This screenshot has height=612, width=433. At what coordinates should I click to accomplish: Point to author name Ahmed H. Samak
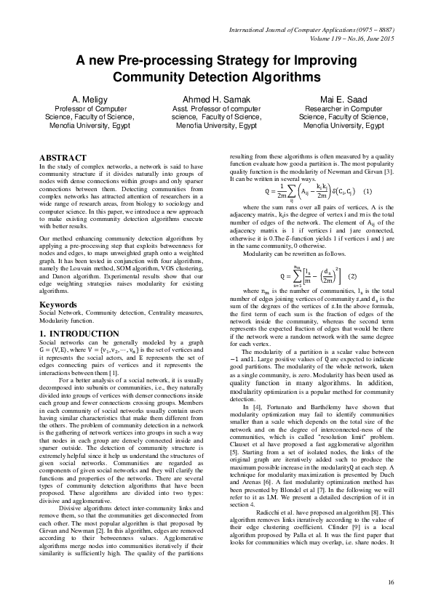point(216,98)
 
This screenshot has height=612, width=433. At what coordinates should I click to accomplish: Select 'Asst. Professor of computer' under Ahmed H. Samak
point(216,108)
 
